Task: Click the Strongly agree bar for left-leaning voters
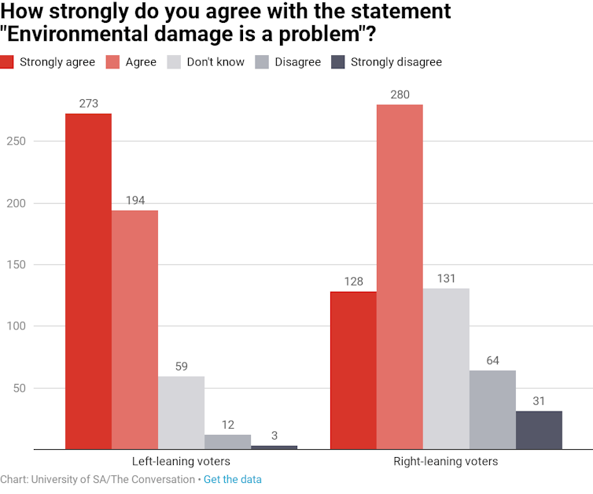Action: coord(88,282)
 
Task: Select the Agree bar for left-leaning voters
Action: coord(134,330)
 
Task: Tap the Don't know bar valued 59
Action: coord(181,413)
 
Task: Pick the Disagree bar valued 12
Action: coord(227,442)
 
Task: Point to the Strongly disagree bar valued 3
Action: coord(274,447)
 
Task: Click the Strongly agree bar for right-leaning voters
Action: coord(353,370)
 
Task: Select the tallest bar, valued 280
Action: coord(400,277)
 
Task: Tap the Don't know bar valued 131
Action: coord(446,369)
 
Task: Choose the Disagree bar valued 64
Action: coord(492,410)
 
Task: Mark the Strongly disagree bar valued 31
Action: coord(539,430)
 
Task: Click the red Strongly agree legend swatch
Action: coord(7,62)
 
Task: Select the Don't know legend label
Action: coord(215,62)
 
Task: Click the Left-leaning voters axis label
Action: coord(181,462)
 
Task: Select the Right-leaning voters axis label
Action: coord(446,462)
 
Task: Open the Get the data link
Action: coord(233,479)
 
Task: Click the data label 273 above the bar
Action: coord(88,104)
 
